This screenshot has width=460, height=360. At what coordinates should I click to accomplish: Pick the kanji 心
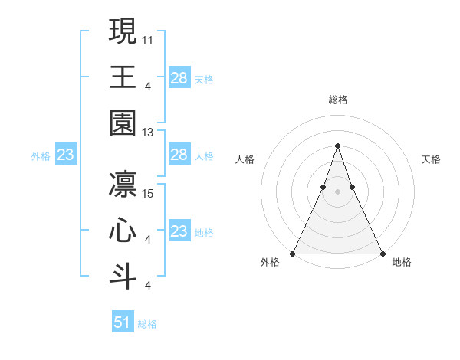[123, 232]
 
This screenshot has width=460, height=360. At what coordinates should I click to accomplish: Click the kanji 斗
[123, 276]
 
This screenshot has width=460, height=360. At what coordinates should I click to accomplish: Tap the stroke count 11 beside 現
[149, 38]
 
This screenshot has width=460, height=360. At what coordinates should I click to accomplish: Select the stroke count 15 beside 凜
[149, 192]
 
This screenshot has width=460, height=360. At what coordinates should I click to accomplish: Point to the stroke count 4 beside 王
[147, 86]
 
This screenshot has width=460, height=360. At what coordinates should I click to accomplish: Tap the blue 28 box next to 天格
[179, 78]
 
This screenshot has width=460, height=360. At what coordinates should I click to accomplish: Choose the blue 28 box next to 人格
[179, 155]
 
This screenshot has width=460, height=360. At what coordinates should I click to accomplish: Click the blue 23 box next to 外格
[65, 155]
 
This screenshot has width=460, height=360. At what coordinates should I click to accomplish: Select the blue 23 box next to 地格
[179, 231]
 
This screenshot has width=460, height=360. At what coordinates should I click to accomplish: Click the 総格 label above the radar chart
[338, 100]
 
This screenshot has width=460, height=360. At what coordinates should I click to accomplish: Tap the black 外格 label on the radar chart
[270, 262]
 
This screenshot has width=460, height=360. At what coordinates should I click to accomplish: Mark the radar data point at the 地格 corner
[382, 253]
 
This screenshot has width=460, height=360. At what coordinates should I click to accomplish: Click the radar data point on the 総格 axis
[337, 146]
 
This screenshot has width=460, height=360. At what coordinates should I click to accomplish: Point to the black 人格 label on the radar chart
[245, 159]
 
